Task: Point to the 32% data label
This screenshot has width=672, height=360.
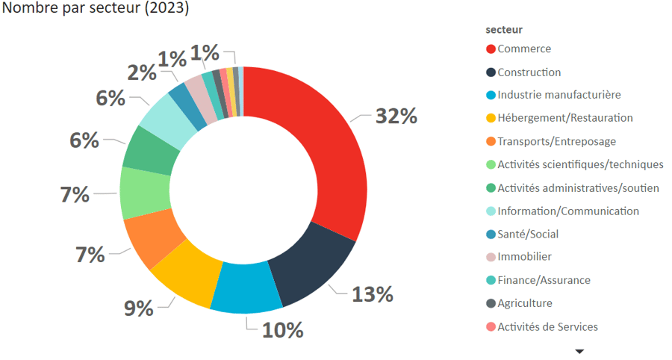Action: pyautogui.click(x=396, y=117)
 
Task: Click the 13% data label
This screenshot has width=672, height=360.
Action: pyautogui.click(x=373, y=294)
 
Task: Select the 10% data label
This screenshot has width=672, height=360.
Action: pyautogui.click(x=282, y=329)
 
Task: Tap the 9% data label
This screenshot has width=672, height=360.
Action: pyautogui.click(x=139, y=308)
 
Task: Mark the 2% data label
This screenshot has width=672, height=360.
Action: pyautogui.click(x=141, y=72)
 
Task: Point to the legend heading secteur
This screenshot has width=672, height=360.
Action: pyautogui.click(x=504, y=30)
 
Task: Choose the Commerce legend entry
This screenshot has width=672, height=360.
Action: pyautogui.click(x=523, y=49)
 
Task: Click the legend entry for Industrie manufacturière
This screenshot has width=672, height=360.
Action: pyautogui.click(x=559, y=95)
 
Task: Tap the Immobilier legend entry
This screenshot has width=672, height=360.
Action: pyautogui.click(x=524, y=257)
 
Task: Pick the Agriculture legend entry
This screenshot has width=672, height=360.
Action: pyautogui.click(x=524, y=303)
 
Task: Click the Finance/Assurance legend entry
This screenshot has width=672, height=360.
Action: pyautogui.click(x=544, y=280)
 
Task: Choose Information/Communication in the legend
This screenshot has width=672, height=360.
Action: pyautogui.click(x=567, y=211)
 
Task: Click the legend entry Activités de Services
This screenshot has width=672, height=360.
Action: pyautogui.click(x=547, y=326)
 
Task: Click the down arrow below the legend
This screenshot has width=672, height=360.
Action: pyautogui.click(x=579, y=350)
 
